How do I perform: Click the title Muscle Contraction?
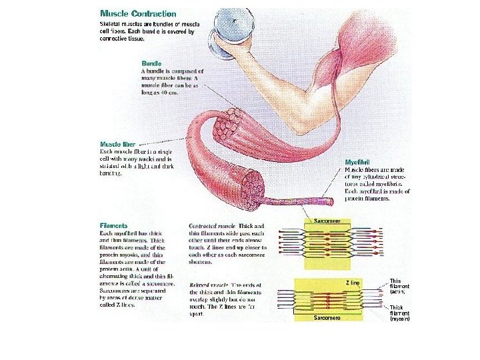click(138, 13)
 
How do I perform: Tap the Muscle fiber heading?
click(119, 143)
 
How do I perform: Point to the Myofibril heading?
click(358, 163)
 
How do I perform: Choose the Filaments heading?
click(113, 226)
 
